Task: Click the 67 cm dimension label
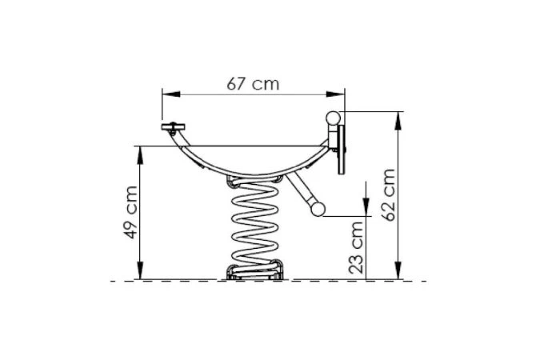253,84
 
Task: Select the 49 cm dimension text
130,212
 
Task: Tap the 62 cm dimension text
388,195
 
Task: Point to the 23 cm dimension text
356,247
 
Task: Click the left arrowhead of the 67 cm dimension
171,94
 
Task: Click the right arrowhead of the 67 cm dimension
336,94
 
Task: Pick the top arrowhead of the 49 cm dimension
140,155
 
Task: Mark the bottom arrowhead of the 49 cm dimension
140,270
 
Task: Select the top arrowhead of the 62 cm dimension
398,121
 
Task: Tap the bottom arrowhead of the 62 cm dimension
398,270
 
